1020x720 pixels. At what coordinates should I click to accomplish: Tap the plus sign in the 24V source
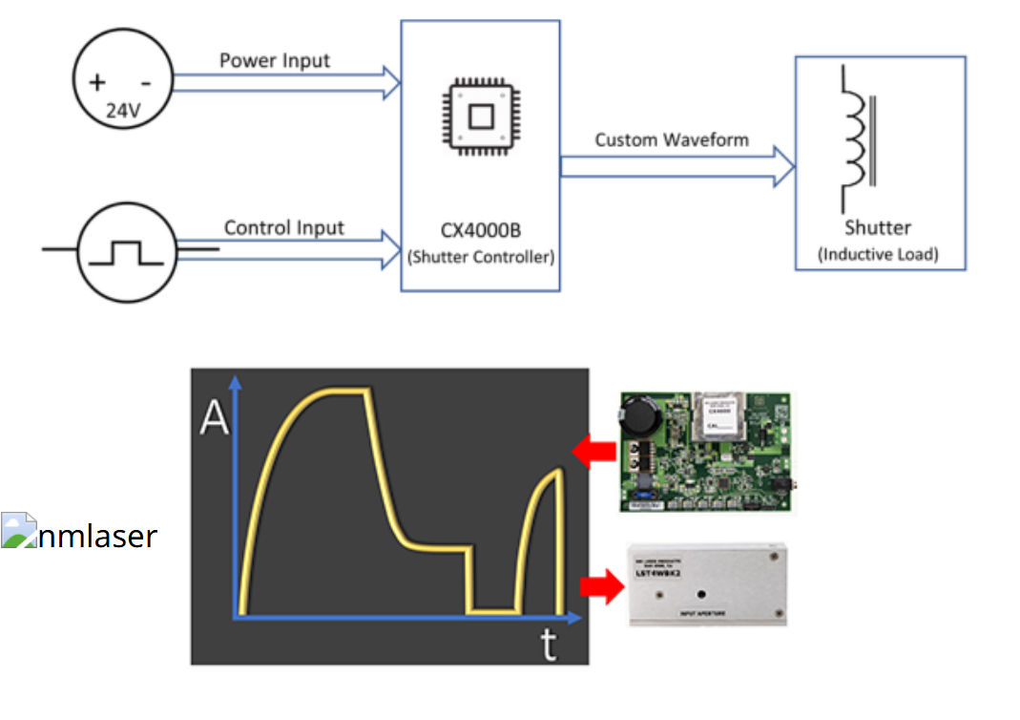point(97,82)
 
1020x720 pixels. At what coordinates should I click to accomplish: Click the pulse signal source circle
point(124,252)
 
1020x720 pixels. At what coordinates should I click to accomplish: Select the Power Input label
point(275,61)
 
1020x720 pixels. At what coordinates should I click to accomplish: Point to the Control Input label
point(284,228)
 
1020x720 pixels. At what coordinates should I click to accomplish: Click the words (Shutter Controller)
point(481,258)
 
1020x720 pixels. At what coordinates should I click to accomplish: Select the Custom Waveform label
point(672,140)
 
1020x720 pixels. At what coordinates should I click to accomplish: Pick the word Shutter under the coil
point(878,228)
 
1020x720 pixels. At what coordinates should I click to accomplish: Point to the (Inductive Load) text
point(879,255)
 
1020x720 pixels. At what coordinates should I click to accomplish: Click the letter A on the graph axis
point(214,417)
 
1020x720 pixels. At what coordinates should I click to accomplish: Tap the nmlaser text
point(97,536)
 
